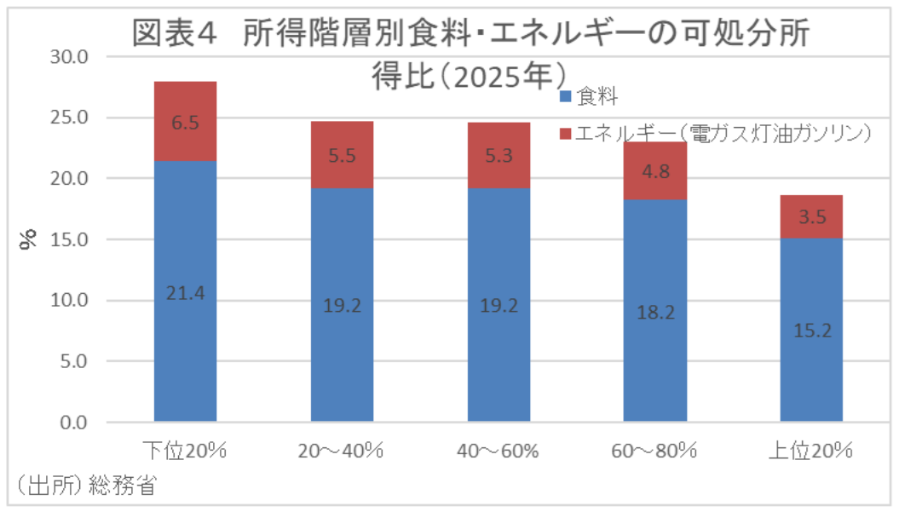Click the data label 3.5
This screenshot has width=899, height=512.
(811, 218)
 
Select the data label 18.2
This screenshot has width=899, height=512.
(654, 313)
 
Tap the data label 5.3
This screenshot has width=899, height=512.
(498, 155)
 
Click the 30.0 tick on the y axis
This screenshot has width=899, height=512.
(72, 57)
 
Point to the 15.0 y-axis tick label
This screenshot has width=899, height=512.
(72, 240)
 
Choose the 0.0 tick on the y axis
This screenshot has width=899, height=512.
(76, 423)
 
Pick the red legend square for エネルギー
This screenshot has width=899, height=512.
(566, 134)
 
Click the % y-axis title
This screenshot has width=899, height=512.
(28, 240)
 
